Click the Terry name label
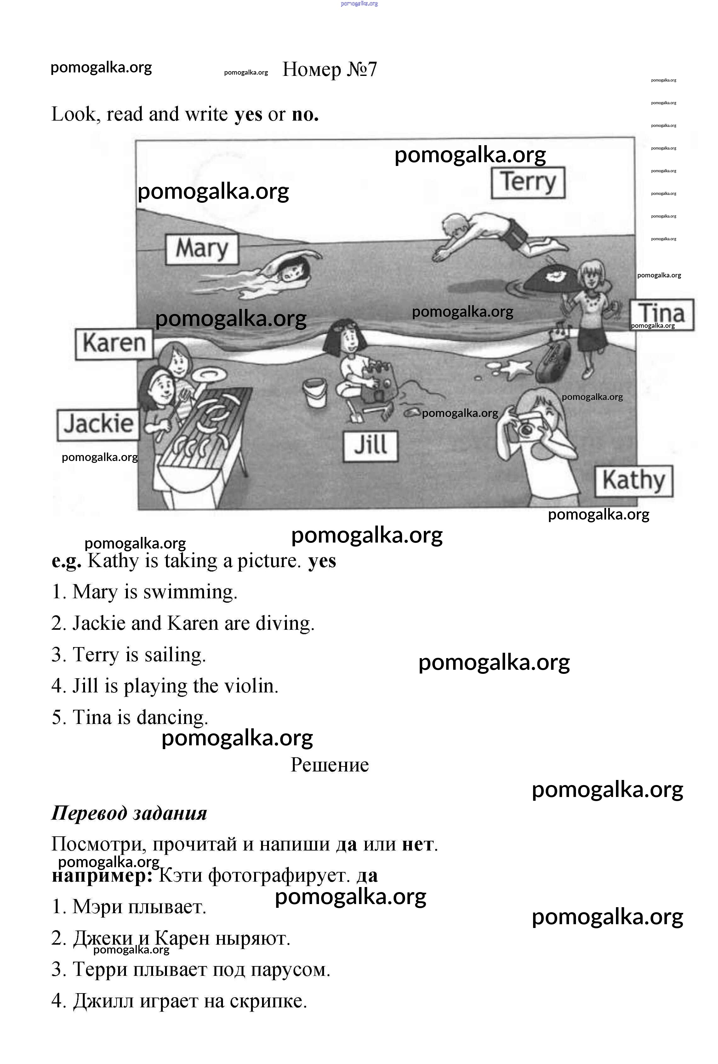[x=528, y=183]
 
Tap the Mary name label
[x=202, y=249]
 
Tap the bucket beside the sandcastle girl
[x=315, y=392]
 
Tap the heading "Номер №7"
[x=330, y=70]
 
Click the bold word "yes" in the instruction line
[x=248, y=114]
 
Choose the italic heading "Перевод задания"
[x=129, y=813]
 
